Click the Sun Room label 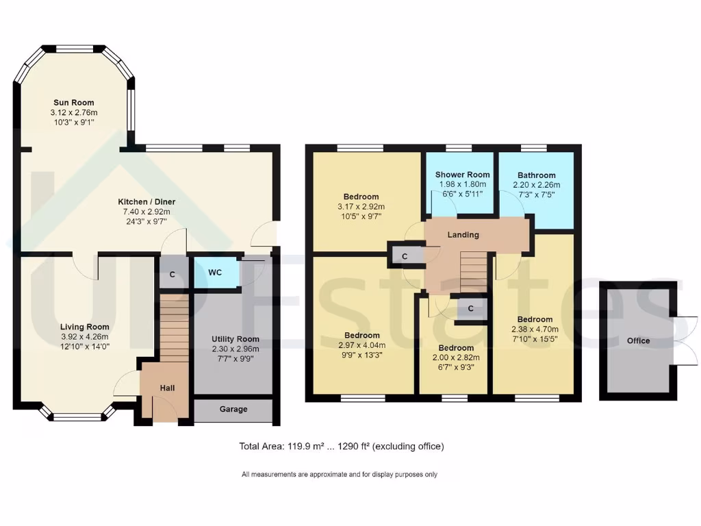click(x=73, y=103)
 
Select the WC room click(x=215, y=273)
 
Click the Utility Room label click(x=235, y=339)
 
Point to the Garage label click(x=233, y=410)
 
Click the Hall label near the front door click(x=167, y=388)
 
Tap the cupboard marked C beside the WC click(x=173, y=273)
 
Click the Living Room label click(x=84, y=327)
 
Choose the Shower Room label click(x=462, y=175)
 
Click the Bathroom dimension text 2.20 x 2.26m click(x=536, y=185)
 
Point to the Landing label click(x=463, y=235)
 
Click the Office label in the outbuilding click(x=638, y=340)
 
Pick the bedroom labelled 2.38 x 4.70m click(x=535, y=319)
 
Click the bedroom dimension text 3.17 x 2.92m click(x=361, y=207)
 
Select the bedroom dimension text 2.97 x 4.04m click(x=361, y=345)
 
